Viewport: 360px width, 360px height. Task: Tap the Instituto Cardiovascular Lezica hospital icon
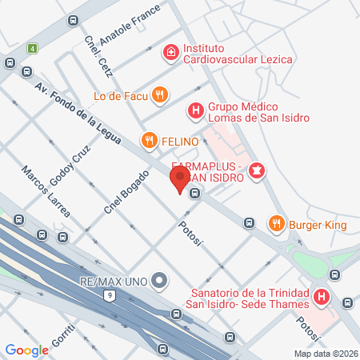170,53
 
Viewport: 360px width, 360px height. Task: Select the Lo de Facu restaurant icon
160,95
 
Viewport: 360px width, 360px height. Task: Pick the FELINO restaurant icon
148,142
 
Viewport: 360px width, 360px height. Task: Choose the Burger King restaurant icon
276,225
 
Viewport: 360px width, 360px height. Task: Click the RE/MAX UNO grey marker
160,280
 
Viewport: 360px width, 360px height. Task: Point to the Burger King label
318,225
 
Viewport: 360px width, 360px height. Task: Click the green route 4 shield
32,48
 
